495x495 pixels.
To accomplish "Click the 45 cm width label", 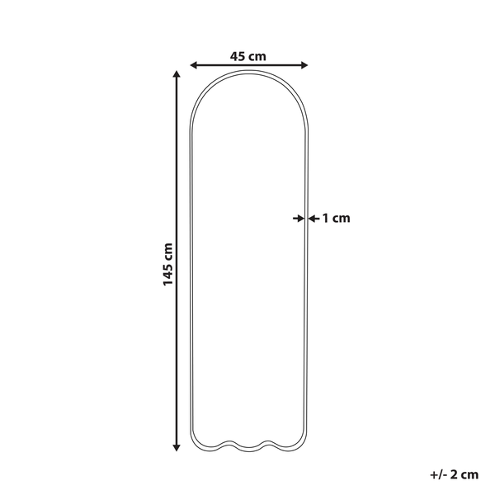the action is (x=247, y=56).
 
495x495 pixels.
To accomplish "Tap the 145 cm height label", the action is (x=167, y=264).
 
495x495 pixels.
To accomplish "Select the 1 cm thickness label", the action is (x=336, y=218).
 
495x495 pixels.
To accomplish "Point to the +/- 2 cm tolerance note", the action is (x=454, y=474).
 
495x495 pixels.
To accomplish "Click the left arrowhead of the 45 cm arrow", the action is (x=194, y=65).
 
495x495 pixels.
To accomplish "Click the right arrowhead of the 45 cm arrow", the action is (x=304, y=65).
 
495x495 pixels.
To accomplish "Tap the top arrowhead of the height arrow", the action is (x=177, y=74).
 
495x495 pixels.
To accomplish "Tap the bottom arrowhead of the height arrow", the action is (x=177, y=447).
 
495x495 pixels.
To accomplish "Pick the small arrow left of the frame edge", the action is (x=299, y=218).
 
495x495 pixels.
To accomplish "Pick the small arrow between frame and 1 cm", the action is (x=313, y=218).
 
